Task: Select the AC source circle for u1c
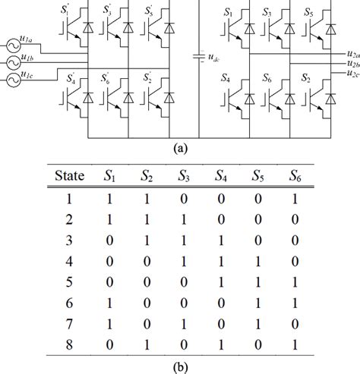11,79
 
